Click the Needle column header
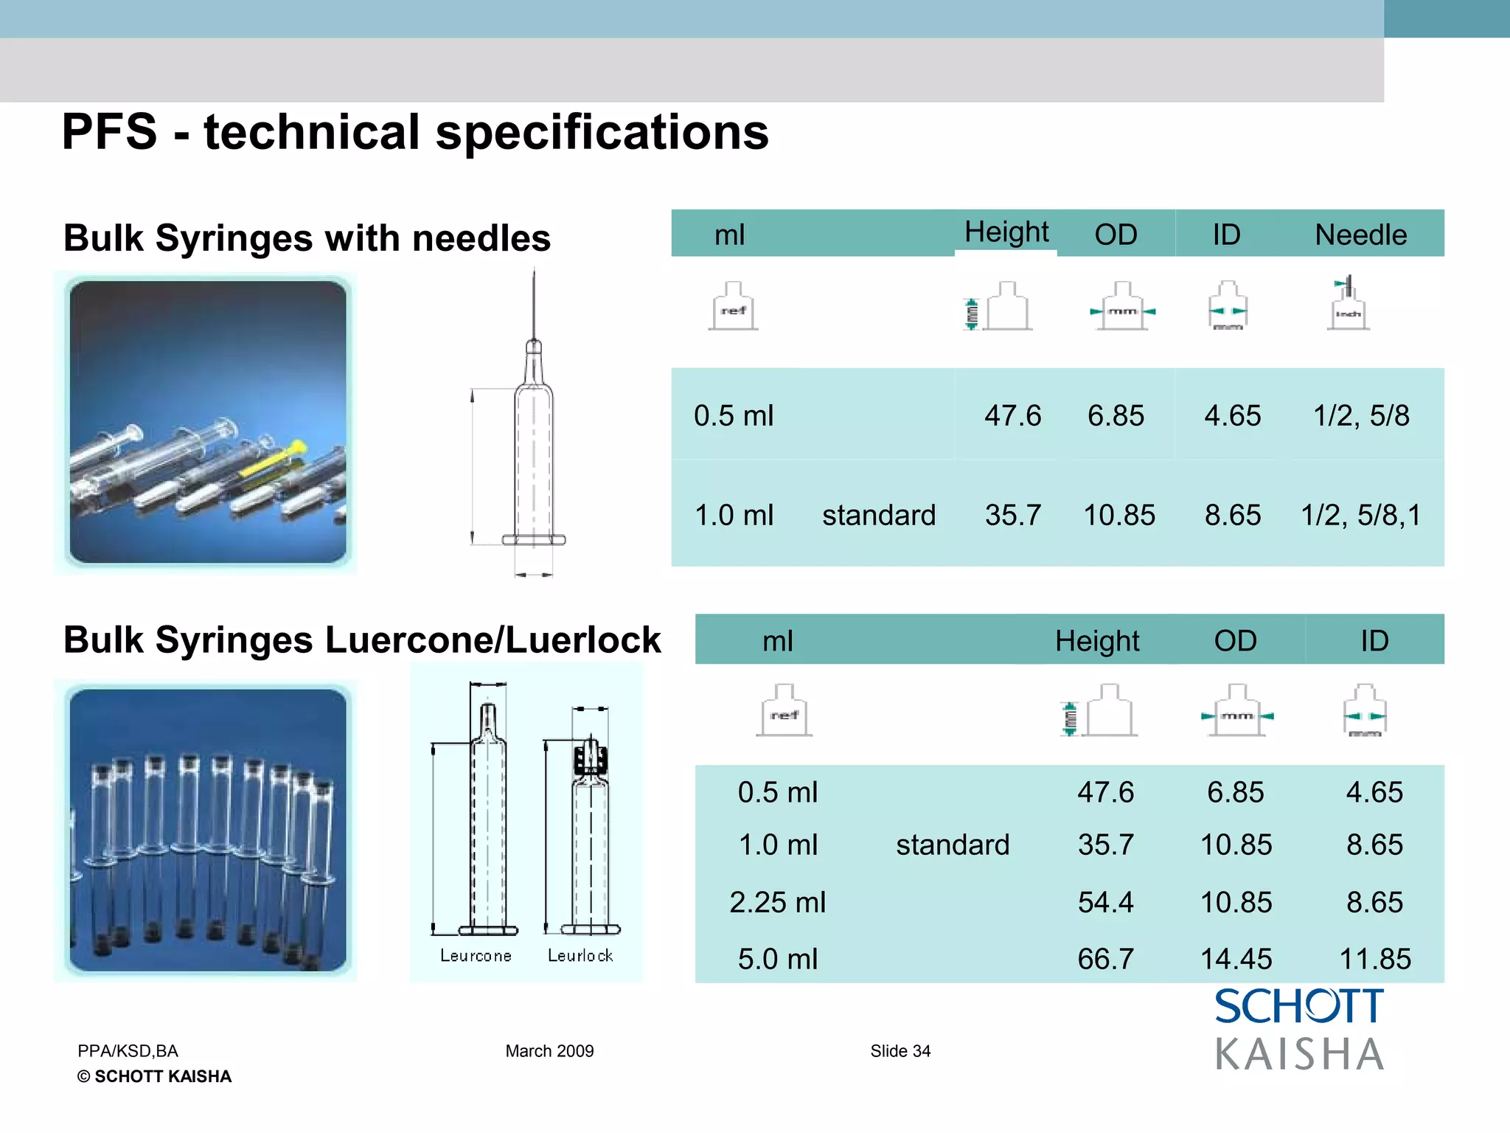click(x=1360, y=235)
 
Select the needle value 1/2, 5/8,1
click(x=1360, y=515)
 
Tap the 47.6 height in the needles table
click(x=1012, y=416)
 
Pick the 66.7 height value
click(x=1105, y=959)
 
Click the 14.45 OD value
click(x=1236, y=959)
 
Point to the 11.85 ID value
click(x=1374, y=959)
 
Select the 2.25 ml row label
click(x=777, y=902)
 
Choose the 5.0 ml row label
click(x=777, y=959)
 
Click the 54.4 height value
click(x=1105, y=902)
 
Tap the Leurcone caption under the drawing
click(x=476, y=956)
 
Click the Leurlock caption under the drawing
click(x=580, y=956)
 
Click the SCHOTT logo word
click(x=1299, y=1007)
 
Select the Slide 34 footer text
click(x=900, y=1051)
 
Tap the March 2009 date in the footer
click(x=549, y=1051)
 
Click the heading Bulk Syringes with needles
click(x=307, y=238)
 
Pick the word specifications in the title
click(x=602, y=133)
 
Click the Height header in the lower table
click(x=1096, y=641)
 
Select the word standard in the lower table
click(x=953, y=845)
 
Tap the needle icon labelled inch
click(x=1348, y=304)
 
